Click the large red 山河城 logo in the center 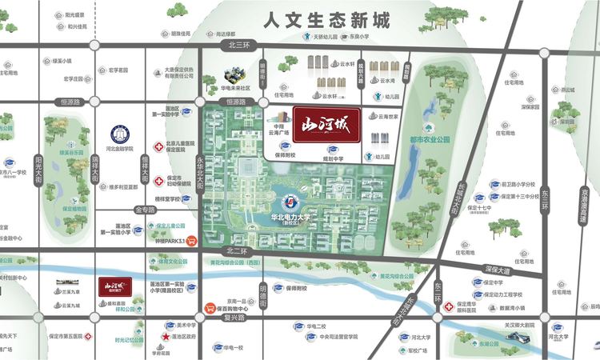(x=326, y=125)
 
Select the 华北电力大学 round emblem (x=285, y=195)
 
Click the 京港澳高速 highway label (x=586, y=209)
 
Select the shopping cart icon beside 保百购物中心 (x=210, y=306)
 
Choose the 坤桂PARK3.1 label (x=170, y=239)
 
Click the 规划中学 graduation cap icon (x=330, y=150)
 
